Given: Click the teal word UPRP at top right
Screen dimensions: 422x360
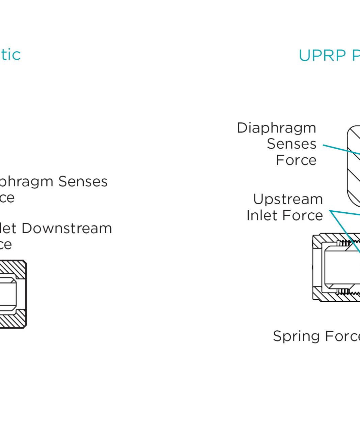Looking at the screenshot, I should pyautogui.click(x=322, y=56).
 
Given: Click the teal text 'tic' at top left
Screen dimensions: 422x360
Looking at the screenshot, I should pyautogui.click(x=10, y=55).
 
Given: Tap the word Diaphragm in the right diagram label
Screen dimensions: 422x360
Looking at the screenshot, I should pyautogui.click(x=276, y=128).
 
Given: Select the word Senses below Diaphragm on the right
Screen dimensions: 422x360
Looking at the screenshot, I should pyautogui.click(x=292, y=144).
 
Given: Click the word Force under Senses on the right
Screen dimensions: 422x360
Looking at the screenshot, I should pyautogui.click(x=296, y=160).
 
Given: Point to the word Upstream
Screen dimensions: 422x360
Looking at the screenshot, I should pyautogui.click(x=288, y=199).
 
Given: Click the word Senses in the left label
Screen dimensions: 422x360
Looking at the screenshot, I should pyautogui.click(x=83, y=181).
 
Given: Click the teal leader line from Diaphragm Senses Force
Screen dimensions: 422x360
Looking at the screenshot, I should pyautogui.click(x=341, y=149).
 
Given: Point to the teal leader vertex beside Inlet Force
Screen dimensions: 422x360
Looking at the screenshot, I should pyautogui.click(x=330, y=211).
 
